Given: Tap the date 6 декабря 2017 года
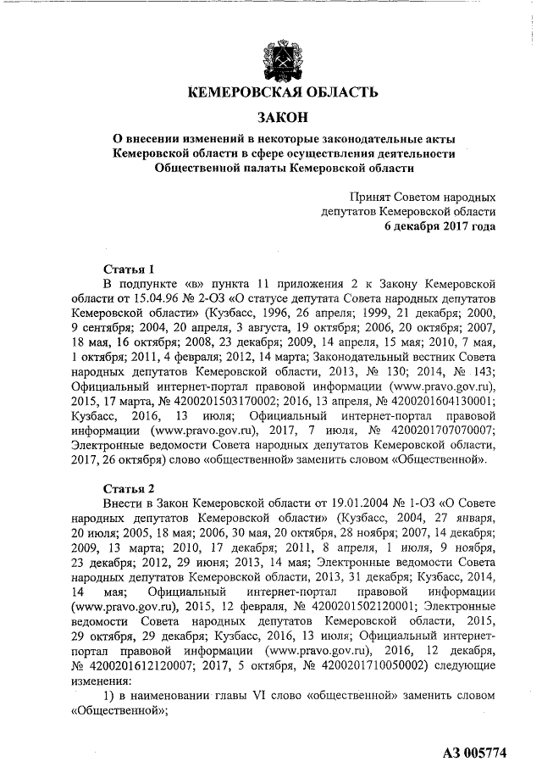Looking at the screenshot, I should click(x=441, y=227).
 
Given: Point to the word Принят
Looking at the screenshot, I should click(x=359, y=196).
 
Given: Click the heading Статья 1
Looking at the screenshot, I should click(x=127, y=267).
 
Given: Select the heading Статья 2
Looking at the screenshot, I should click(x=127, y=488).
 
